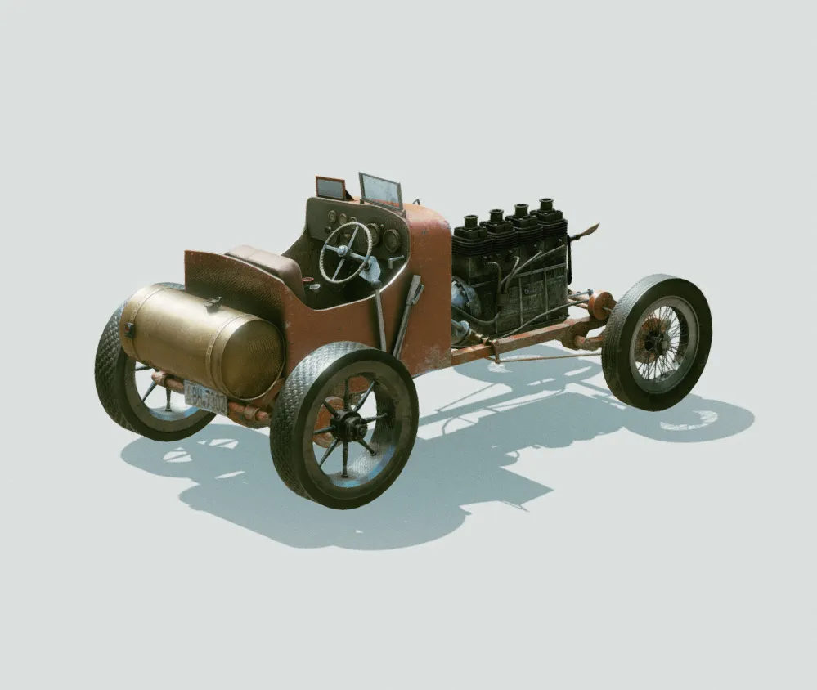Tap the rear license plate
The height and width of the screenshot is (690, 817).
click(x=205, y=397)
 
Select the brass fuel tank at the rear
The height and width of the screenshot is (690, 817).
click(x=204, y=339)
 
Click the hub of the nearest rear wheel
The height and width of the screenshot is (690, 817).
click(x=349, y=426)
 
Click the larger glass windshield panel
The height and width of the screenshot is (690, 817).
click(x=380, y=190)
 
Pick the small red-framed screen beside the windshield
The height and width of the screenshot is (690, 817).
click(x=330, y=188)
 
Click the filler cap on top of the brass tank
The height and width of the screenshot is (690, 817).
click(x=214, y=302)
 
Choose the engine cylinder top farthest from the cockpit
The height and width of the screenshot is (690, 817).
click(x=545, y=205)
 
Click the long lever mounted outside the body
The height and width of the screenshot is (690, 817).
click(x=406, y=316)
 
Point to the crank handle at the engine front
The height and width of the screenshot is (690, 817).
click(x=586, y=233)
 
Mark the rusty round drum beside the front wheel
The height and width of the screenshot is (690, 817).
click(x=601, y=307)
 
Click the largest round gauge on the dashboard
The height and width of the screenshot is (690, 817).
click(x=391, y=240)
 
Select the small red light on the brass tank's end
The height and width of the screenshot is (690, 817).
click(x=129, y=330)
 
